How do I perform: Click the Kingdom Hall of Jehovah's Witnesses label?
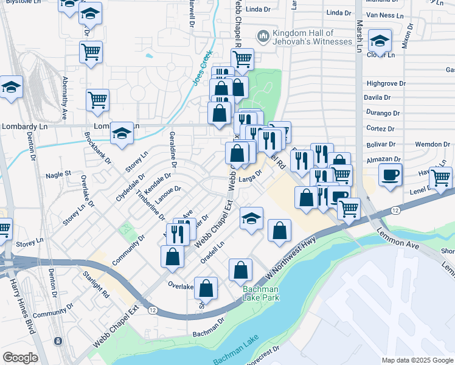click(x=304, y=37)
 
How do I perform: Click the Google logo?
click(x=19, y=358)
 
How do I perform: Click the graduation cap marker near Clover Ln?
click(x=380, y=42)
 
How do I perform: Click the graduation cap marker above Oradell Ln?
click(x=251, y=218)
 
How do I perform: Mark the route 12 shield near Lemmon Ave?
click(x=395, y=210)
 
